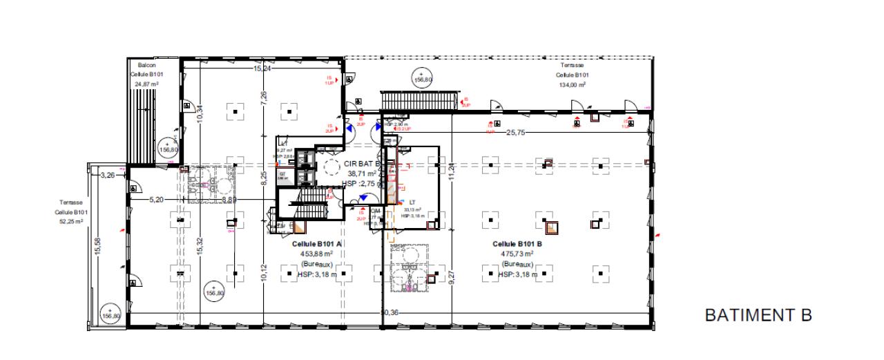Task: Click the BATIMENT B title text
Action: click(x=758, y=316)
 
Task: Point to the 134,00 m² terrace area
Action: click(x=573, y=85)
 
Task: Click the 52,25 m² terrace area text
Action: click(x=69, y=222)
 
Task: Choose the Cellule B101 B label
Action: click(x=517, y=244)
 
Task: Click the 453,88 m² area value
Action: click(x=317, y=254)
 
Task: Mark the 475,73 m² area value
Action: click(x=517, y=254)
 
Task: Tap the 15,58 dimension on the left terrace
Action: click(x=97, y=245)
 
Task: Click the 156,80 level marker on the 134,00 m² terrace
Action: click(x=422, y=79)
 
